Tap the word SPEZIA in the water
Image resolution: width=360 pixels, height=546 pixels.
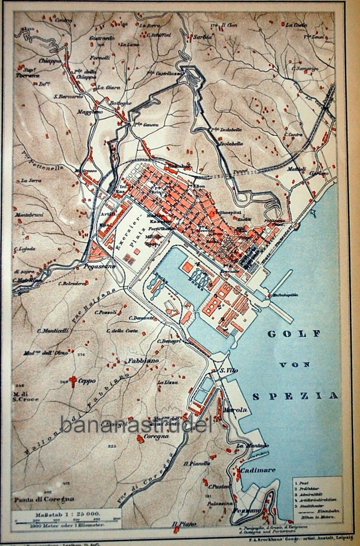coord(295,396)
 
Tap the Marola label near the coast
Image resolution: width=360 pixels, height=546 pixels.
coord(236,410)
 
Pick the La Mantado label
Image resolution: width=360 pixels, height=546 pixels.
coord(252,445)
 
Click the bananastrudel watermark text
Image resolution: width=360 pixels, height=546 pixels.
coord(136,425)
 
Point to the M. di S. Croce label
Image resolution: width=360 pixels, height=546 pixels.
coord(26,396)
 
